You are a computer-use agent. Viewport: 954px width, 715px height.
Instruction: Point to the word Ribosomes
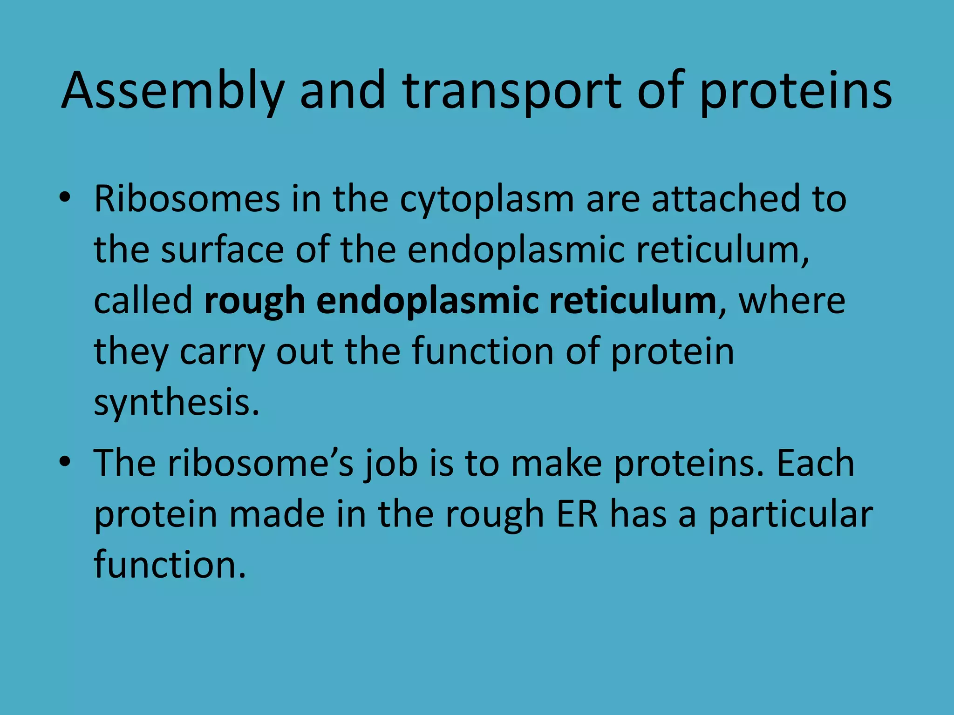[187, 199]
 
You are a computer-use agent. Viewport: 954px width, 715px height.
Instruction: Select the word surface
[222, 250]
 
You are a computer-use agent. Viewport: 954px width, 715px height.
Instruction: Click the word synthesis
[176, 403]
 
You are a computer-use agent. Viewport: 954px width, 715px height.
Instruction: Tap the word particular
[790, 515]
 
